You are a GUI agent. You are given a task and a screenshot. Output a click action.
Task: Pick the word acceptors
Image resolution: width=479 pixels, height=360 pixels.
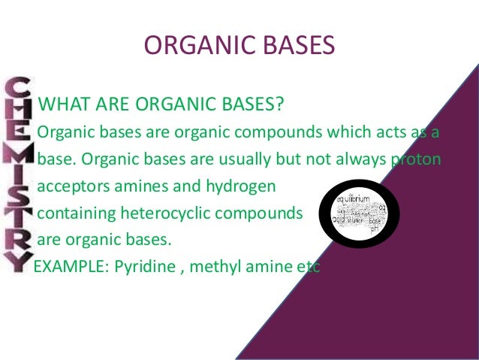pos(71,186)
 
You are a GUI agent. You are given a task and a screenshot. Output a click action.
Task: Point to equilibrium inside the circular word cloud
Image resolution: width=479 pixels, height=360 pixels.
pos(353,198)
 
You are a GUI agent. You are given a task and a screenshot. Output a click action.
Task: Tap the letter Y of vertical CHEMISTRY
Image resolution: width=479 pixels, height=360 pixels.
pos(17,259)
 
